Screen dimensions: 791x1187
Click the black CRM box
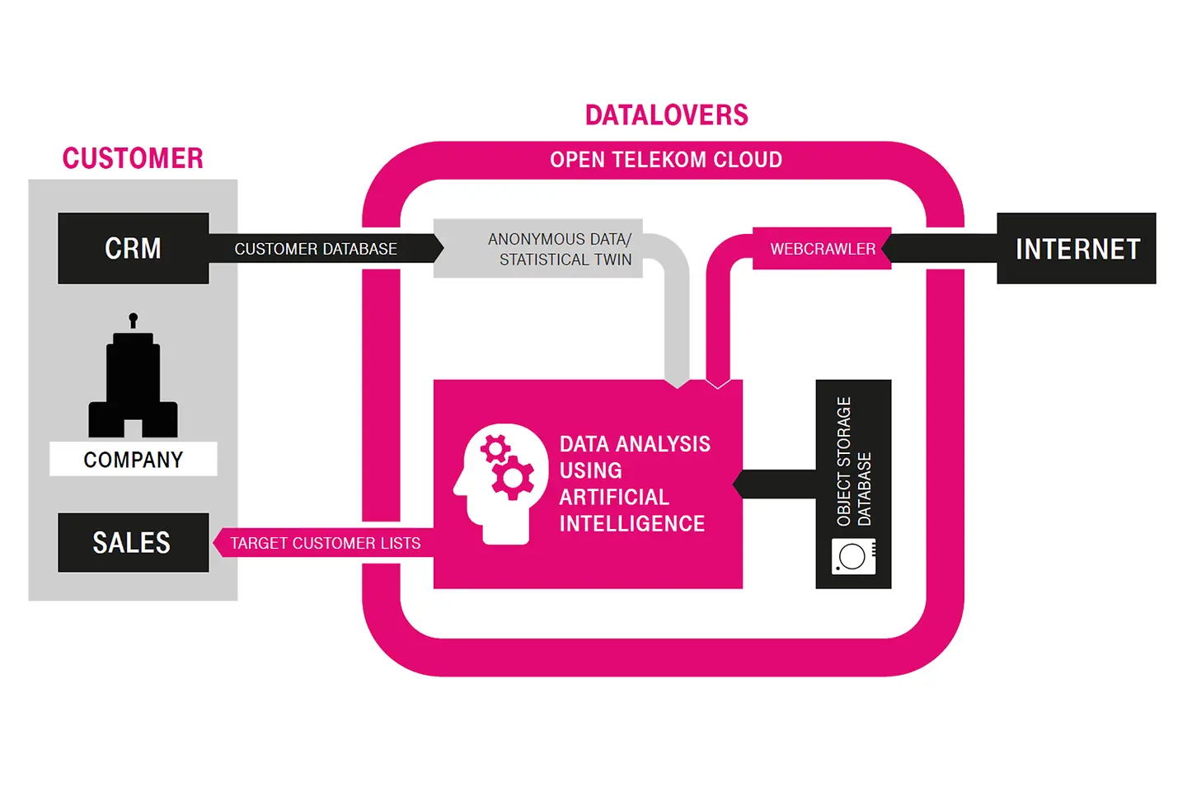[x=133, y=248]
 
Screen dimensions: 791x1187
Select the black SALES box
[x=133, y=542]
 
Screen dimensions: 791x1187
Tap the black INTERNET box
[x=1077, y=248]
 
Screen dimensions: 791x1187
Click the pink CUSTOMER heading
[x=133, y=158]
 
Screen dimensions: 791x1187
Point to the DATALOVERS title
[x=666, y=115]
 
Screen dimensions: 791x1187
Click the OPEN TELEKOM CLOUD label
[x=666, y=160]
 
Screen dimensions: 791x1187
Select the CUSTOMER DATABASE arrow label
[x=316, y=249]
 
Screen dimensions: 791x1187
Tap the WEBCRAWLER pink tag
[x=822, y=249]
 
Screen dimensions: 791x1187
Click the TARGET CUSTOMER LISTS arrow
[x=325, y=543]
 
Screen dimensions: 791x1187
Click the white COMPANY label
[x=133, y=459]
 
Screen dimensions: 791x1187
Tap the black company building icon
[x=133, y=379]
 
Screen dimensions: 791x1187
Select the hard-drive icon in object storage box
[x=853, y=556]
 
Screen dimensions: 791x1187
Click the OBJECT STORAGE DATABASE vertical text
[x=853, y=461]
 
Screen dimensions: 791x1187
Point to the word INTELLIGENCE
[x=631, y=524]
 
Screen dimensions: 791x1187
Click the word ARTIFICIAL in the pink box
[x=614, y=497]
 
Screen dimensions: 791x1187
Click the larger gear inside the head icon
[x=513, y=478]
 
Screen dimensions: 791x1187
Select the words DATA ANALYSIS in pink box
[x=635, y=444]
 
